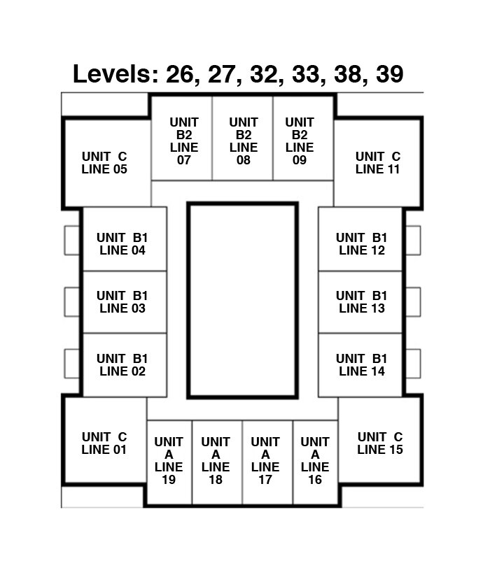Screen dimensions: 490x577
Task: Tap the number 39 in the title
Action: (x=389, y=74)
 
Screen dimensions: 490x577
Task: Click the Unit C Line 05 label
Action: (x=104, y=163)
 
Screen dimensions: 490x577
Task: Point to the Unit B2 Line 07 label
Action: (x=184, y=141)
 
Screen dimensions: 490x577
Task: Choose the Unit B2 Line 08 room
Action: (x=242, y=138)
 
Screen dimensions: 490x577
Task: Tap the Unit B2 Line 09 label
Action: (x=300, y=141)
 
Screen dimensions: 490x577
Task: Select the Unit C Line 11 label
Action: (x=377, y=163)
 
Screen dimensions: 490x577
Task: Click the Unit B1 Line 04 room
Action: (x=125, y=239)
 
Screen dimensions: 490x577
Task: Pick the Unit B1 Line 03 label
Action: (x=122, y=301)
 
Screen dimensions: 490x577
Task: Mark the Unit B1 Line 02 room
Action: (x=125, y=365)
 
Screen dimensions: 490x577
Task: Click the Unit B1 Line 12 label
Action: (x=361, y=243)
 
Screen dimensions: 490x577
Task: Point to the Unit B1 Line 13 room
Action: (x=360, y=302)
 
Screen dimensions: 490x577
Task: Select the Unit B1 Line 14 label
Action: (x=361, y=364)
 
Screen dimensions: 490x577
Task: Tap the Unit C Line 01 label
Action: (x=104, y=443)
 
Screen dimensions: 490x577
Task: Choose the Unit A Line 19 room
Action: (x=169, y=462)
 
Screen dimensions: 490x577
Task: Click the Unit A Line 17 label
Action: (x=265, y=460)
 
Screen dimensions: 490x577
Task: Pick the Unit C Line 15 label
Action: (x=380, y=443)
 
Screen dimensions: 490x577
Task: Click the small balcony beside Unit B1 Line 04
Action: (x=72, y=241)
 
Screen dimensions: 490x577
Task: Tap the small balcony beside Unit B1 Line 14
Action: (x=414, y=364)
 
